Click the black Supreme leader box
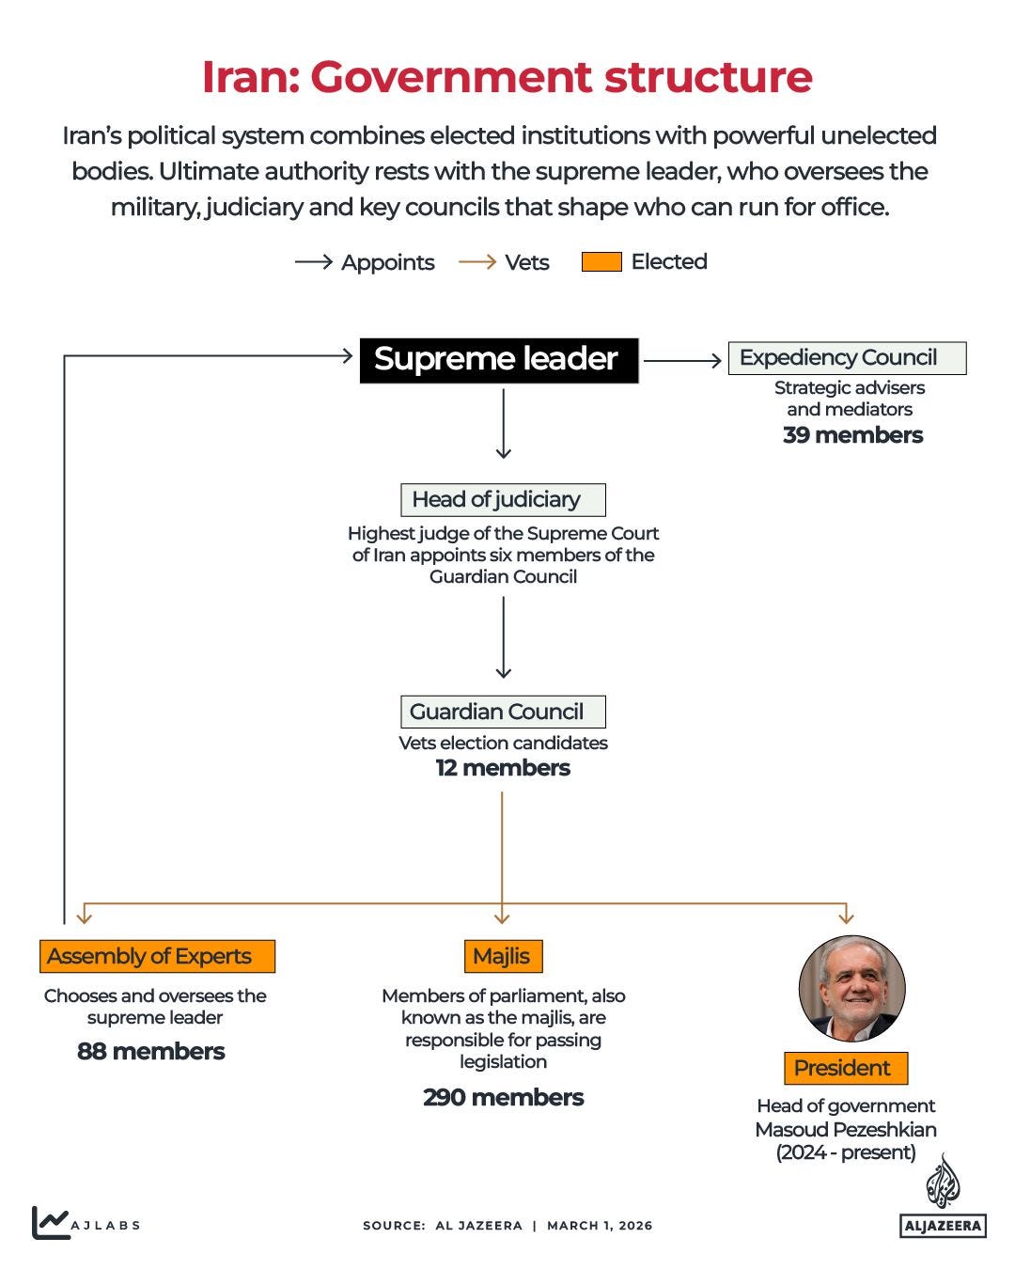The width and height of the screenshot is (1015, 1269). (498, 360)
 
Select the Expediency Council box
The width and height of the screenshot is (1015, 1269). (847, 358)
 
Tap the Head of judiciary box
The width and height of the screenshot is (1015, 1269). (503, 499)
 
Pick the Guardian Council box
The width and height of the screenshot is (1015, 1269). (503, 712)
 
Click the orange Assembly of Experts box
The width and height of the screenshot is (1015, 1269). (157, 956)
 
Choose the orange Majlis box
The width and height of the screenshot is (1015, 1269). (503, 956)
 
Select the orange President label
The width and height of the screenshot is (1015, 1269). (845, 1068)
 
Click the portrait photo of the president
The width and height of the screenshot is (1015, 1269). (851, 988)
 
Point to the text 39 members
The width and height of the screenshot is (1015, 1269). (852, 435)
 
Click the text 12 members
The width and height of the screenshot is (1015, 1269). (503, 768)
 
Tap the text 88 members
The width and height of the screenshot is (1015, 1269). (151, 1051)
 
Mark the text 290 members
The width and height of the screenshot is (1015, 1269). (503, 1097)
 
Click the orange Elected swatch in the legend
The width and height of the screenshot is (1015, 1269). (601, 262)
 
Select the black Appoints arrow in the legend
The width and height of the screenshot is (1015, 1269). (313, 262)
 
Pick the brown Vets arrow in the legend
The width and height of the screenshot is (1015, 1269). (476, 262)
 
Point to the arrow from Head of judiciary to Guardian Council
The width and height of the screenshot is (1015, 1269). (503, 636)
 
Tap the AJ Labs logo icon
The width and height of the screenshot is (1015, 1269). (50, 1222)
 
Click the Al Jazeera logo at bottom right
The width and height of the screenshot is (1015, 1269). (943, 1198)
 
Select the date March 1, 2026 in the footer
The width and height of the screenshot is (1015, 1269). (600, 1226)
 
